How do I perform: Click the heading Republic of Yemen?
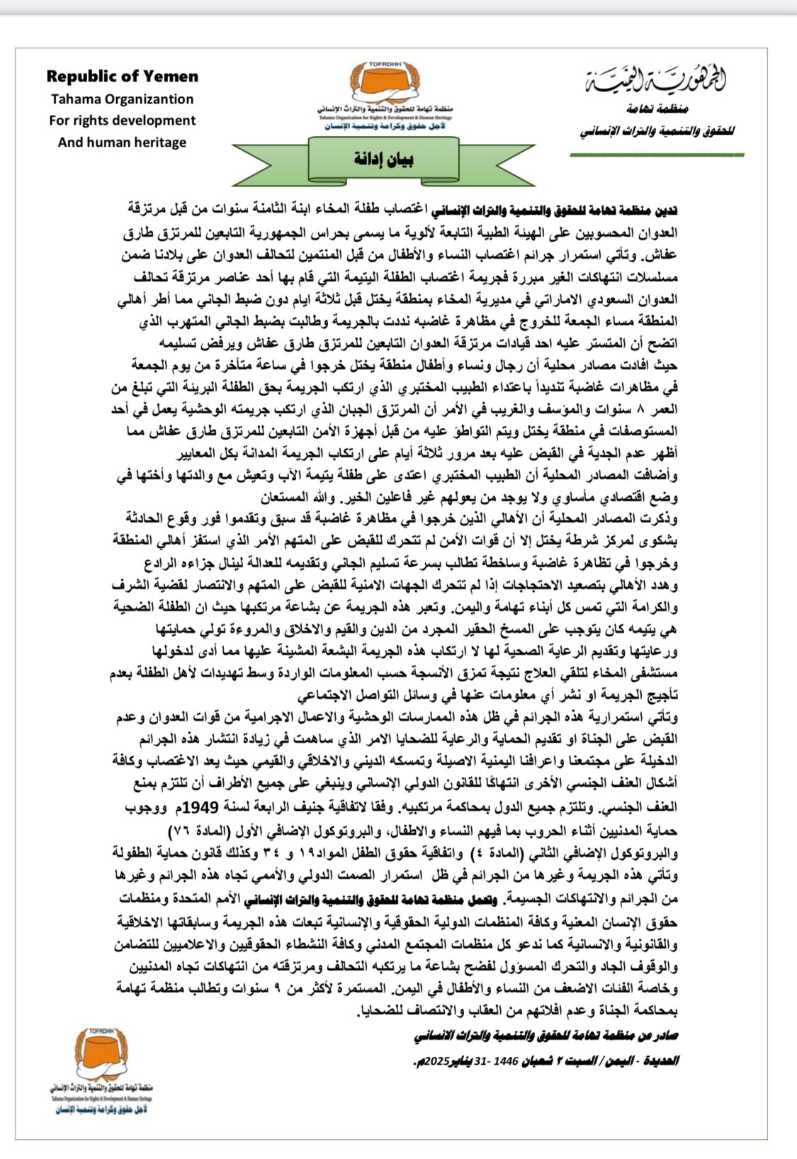coord(123,77)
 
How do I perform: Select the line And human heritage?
coord(122,142)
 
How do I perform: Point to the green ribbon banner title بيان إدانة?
coord(383,159)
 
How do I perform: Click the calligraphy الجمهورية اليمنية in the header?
coord(656,81)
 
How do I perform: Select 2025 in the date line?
coord(432,1061)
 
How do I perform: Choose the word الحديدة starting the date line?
coord(662,1061)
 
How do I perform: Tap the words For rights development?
coord(122,121)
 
